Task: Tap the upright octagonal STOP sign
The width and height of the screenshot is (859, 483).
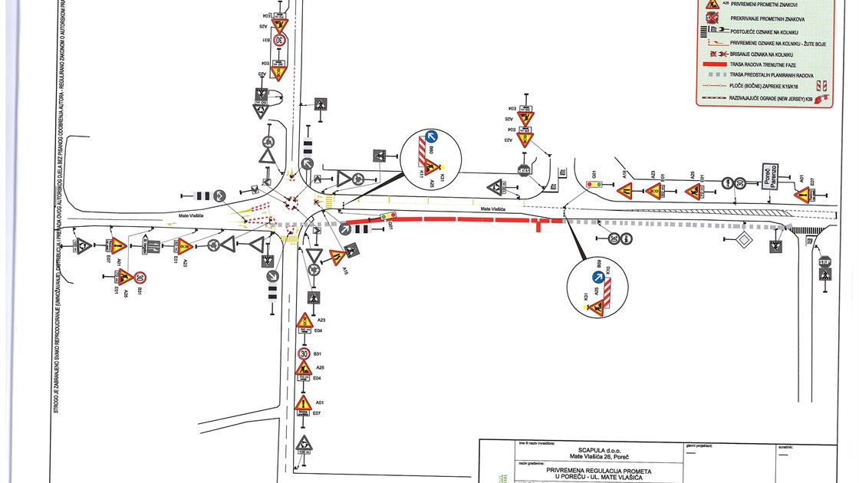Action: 824,262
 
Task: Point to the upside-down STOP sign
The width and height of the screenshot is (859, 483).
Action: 524,170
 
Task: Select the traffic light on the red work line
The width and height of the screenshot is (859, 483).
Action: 388,217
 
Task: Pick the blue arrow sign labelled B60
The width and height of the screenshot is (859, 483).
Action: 431,139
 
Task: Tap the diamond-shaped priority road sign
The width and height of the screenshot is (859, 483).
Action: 742,240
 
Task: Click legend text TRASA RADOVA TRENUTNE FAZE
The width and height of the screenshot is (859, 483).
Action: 762,65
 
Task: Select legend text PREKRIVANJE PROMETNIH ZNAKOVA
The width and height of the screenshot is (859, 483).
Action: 767,19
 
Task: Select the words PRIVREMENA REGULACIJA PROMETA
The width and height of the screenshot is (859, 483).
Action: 599,471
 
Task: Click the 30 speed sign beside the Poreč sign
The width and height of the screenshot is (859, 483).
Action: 739,183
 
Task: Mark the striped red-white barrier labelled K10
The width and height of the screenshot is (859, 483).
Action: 607,291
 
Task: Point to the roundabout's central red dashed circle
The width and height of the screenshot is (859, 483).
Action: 291,202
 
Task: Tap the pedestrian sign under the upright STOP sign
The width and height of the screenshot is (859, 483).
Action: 825,274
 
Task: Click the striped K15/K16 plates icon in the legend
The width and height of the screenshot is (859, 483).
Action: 821,87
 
